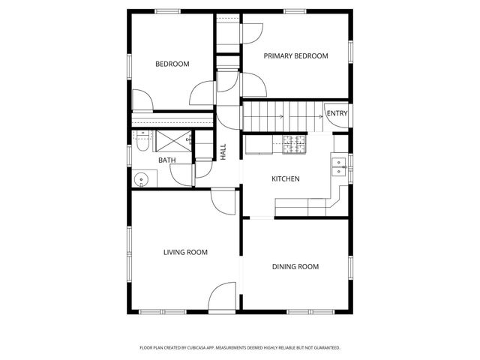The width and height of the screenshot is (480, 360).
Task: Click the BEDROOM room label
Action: coord(172,64)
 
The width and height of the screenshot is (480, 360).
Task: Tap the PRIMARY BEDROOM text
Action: coord(295,56)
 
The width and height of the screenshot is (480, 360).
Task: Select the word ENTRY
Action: coord(337,114)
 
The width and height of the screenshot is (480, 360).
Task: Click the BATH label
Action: coord(166,160)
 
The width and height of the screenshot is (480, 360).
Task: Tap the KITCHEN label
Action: coord(285,179)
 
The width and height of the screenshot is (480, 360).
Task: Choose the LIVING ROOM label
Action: coord(185,253)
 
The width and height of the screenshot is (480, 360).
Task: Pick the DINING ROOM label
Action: coord(295,266)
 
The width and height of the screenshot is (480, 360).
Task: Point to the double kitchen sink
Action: coord(339,166)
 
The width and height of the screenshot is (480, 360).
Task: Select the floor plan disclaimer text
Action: coord(240,347)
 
